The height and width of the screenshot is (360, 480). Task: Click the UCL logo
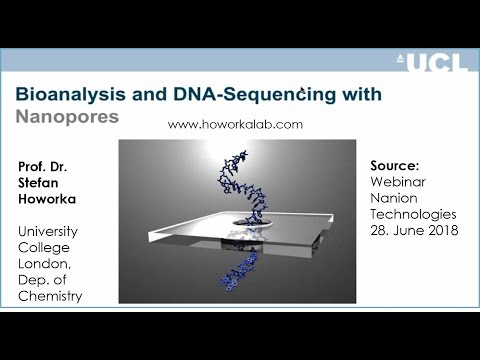coord(432,63)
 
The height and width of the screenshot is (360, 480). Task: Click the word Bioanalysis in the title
coord(71,94)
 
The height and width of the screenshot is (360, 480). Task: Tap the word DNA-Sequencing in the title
coord(254,94)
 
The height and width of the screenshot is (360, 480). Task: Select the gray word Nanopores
coord(67,117)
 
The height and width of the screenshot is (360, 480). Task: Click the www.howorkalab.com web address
coord(235,124)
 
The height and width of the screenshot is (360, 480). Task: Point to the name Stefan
coord(38,183)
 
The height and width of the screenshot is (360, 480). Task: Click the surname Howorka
coord(47,199)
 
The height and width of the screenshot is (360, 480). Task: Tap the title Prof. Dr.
coord(43,166)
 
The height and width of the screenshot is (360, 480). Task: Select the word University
coord(48,231)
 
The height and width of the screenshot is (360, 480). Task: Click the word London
coord(44,264)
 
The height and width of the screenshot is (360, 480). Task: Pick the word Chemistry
coord(50,296)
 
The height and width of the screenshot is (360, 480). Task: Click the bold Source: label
coord(395,166)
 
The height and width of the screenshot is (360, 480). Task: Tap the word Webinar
coord(398,182)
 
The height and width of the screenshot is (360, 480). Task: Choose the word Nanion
coord(394,198)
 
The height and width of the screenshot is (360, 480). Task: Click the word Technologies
coord(413,214)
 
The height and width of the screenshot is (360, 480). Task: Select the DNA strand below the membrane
coord(239,271)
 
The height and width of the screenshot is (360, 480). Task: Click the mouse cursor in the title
coord(302,90)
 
